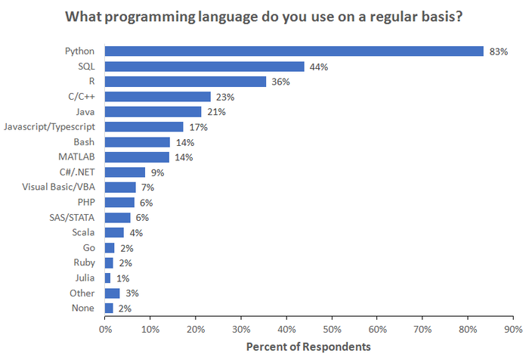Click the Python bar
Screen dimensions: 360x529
tap(294, 51)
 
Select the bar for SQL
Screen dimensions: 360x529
tap(204, 67)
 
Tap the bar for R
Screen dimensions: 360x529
tap(185, 82)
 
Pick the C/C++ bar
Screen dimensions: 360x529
tap(157, 97)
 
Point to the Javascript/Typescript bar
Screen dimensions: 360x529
tap(144, 127)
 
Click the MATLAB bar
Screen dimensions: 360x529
tap(137, 157)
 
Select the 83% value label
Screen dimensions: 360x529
tap(498, 51)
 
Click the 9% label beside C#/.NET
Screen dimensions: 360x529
tap(156, 172)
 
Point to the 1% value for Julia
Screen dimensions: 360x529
tap(122, 278)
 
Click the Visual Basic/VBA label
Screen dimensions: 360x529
tap(58, 188)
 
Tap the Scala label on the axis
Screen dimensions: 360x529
tap(82, 233)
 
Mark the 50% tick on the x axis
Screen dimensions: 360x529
tap(333, 330)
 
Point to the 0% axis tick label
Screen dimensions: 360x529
tap(105, 330)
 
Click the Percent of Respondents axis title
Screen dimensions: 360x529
tap(308, 347)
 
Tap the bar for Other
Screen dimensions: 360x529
tap(112, 293)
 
